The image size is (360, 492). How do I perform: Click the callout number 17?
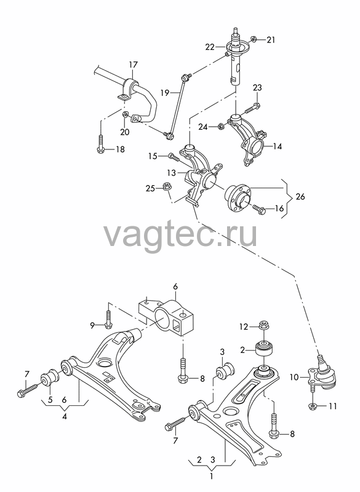point(133,65)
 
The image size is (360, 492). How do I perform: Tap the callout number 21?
point(271,40)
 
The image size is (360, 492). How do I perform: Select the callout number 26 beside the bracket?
point(300,197)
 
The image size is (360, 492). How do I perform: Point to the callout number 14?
point(278,146)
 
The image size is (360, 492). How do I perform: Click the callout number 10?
point(294,377)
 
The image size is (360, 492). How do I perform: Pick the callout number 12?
point(244,327)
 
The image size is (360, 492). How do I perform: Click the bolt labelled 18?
point(101,145)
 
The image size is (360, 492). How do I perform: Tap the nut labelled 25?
point(166,186)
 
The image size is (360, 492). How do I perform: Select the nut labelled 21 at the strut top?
point(254,39)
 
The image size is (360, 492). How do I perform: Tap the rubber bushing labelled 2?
point(266,349)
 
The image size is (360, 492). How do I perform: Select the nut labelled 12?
point(263,326)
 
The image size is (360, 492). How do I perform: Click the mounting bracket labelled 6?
point(166,318)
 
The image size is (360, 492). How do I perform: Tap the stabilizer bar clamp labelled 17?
point(129,89)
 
